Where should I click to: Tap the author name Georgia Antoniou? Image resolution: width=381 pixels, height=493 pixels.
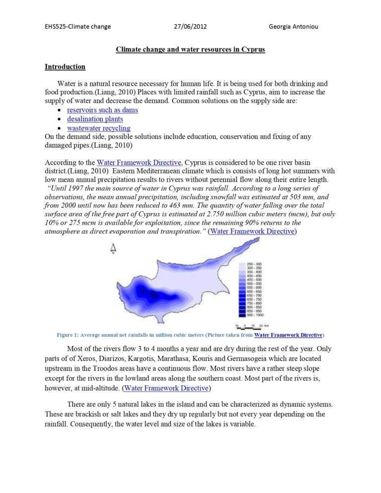293,26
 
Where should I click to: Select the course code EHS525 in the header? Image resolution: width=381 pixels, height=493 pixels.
56,26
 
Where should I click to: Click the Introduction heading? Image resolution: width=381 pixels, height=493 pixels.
65,66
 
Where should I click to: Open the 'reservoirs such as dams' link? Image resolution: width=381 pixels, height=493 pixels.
102,110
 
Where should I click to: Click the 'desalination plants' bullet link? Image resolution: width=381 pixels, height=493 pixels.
95,119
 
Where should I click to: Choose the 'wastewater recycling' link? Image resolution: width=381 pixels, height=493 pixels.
99,128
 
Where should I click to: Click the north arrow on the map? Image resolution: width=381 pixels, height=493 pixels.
114,248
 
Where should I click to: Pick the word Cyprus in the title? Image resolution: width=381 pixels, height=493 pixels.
252,50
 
